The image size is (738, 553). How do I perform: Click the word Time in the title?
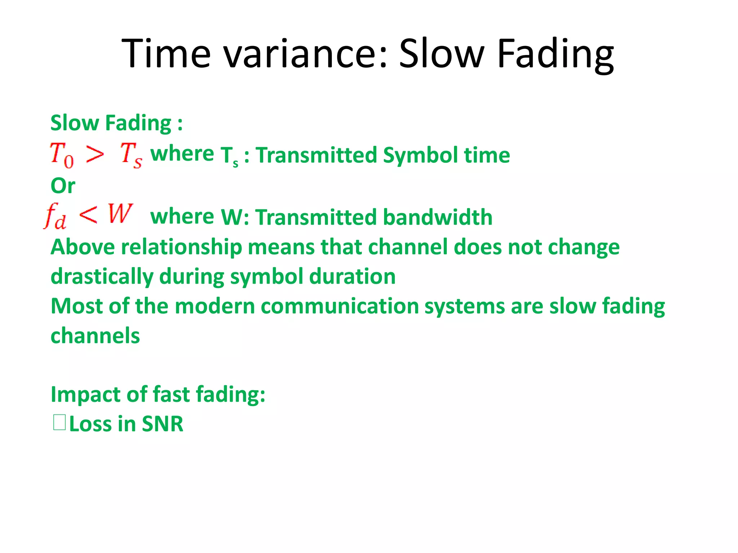166,54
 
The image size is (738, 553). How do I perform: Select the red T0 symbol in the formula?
62,155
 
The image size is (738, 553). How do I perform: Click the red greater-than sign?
95,155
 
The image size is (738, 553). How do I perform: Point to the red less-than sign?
88,215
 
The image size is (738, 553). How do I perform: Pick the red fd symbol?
55,216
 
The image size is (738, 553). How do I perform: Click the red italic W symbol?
120,214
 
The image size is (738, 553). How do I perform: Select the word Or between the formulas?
63,186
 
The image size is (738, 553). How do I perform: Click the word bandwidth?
437,217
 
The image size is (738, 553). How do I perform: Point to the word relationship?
181,247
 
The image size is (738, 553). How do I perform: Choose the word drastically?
102,277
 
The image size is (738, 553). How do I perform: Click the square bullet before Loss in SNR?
59,423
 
